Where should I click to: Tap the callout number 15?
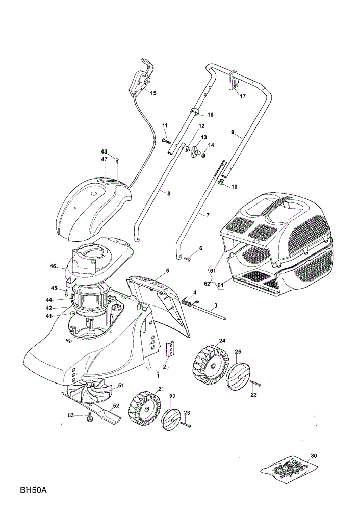(153, 93)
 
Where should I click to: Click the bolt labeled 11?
(166, 141)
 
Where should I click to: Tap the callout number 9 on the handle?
(233, 132)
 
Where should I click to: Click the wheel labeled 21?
(145, 409)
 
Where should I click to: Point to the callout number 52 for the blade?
(116, 405)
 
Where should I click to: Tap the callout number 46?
(53, 266)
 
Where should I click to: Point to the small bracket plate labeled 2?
(170, 349)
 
